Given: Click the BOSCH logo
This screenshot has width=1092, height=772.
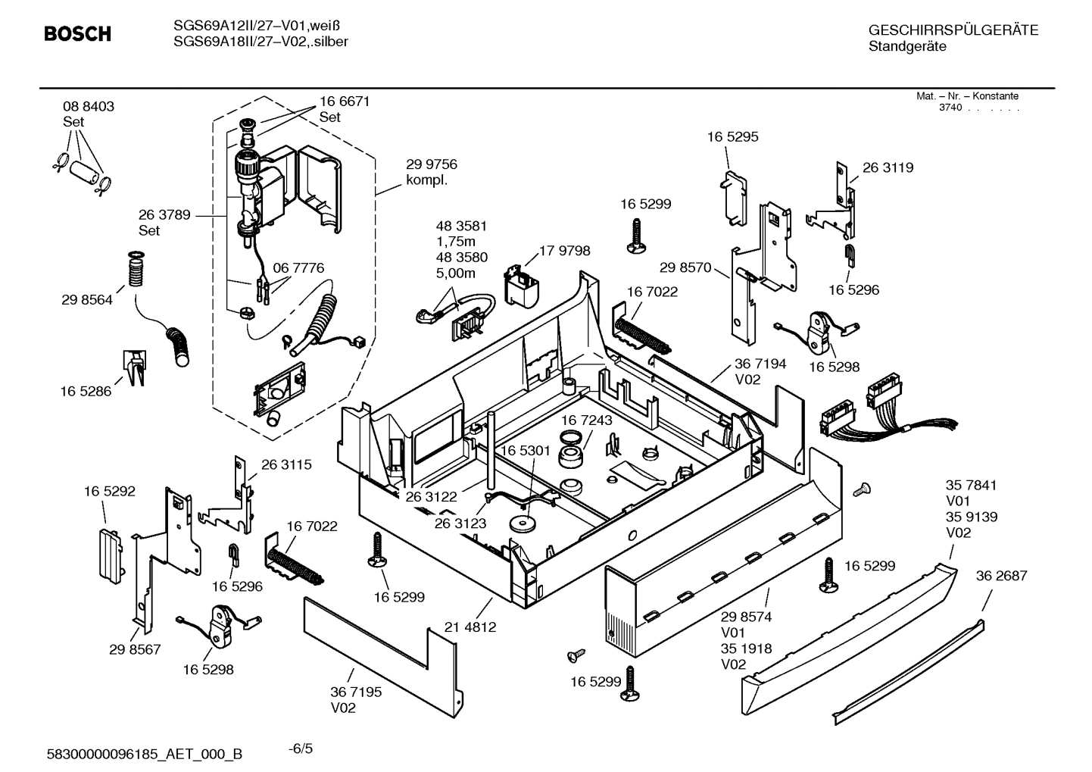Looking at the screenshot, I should pyautogui.click(x=77, y=34).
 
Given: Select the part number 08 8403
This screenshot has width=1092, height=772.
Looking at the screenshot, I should pyautogui.click(x=89, y=107).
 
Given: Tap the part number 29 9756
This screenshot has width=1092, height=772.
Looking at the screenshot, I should pyautogui.click(x=432, y=164).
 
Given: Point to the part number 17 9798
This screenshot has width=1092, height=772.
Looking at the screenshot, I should pyautogui.click(x=565, y=251).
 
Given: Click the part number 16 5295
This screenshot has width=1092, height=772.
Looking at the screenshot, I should pyautogui.click(x=732, y=137).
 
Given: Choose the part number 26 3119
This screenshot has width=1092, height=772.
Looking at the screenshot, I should pyautogui.click(x=888, y=167).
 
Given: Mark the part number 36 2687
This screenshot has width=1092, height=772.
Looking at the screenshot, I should pyautogui.click(x=1001, y=576).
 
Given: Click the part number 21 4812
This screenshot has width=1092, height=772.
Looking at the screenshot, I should pyautogui.click(x=470, y=627).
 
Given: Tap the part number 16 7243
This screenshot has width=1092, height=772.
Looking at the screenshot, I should pyautogui.click(x=587, y=420).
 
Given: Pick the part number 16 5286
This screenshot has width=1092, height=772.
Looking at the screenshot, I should pyautogui.click(x=86, y=392).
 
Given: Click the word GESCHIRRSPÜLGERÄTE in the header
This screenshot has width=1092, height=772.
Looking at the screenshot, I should pyautogui.click(x=953, y=30).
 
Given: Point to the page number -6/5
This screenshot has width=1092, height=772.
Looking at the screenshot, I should pyautogui.click(x=301, y=749).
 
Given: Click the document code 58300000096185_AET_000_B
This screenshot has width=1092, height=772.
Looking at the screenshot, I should pyautogui.click(x=145, y=754).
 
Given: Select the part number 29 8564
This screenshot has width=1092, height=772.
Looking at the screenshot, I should pyautogui.click(x=87, y=300).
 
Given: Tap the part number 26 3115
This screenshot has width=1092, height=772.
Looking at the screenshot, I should pyautogui.click(x=286, y=464).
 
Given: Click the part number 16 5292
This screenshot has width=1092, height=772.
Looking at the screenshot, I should pyautogui.click(x=110, y=491).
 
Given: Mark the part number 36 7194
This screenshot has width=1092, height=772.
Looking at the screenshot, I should pyautogui.click(x=760, y=364).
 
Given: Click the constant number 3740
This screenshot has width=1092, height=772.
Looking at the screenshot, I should pyautogui.click(x=950, y=108).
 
